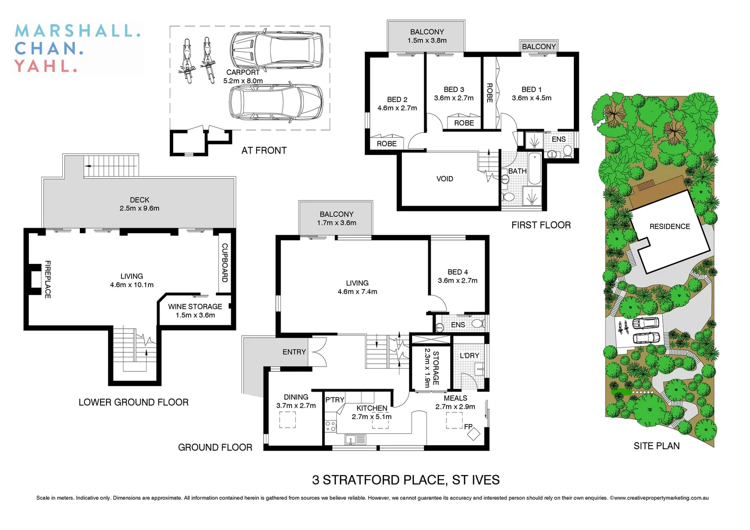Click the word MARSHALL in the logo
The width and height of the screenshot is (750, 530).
coord(78,31)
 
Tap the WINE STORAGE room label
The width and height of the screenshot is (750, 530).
coord(195,306)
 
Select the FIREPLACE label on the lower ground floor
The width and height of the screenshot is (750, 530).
coord(48,279)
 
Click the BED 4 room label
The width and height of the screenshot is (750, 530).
coord(457,272)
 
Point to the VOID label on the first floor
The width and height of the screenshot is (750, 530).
coord(444,179)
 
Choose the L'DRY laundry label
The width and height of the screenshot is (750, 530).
coord(469,355)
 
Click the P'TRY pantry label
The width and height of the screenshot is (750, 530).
coord(335,399)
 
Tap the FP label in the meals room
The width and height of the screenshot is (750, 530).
coord(468,426)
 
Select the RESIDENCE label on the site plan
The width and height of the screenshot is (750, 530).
coord(669,226)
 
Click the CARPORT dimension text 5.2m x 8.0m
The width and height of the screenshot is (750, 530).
coord(243,81)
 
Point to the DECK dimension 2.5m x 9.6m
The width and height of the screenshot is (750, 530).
coord(139,208)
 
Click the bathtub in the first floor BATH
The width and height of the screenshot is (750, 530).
coord(534,168)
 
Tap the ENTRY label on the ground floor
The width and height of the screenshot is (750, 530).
coord(294,352)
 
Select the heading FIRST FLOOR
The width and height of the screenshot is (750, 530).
coord(541,225)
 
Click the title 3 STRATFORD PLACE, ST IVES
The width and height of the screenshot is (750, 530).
coord(406,479)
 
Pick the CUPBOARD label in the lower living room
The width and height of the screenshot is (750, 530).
coord(225,263)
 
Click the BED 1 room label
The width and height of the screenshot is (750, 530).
coord(531,89)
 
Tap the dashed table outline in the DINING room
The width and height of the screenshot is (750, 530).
coord(287,420)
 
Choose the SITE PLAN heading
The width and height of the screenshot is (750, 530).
coord(656,446)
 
